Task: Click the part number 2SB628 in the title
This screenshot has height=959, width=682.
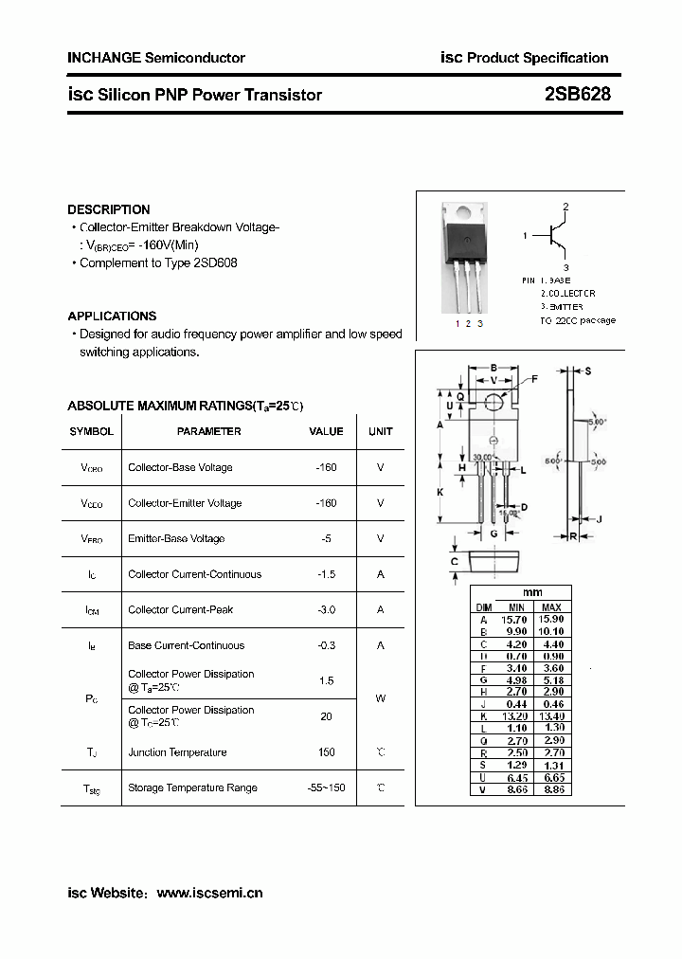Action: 578,94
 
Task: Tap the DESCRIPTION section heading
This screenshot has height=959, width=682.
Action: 109,209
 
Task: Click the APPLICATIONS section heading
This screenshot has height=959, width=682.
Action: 112,316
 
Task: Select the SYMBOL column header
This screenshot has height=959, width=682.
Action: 91,431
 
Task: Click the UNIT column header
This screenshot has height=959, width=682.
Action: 381,431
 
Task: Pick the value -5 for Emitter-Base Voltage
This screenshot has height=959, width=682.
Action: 326,538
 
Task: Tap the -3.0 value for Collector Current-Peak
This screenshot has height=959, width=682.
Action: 326,609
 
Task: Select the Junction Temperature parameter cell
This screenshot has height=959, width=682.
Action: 177,752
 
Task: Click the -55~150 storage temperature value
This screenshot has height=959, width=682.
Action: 326,787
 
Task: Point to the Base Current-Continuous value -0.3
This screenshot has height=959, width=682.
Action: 326,645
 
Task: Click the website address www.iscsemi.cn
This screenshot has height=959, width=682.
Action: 209,893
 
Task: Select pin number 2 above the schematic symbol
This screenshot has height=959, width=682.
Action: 565,207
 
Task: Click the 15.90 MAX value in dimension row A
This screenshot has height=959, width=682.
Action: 551,619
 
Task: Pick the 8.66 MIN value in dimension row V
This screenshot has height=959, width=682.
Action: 515,789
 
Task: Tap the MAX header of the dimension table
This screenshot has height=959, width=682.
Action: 551,606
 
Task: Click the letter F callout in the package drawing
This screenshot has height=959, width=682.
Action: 534,379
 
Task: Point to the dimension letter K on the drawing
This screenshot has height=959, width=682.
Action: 440,493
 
